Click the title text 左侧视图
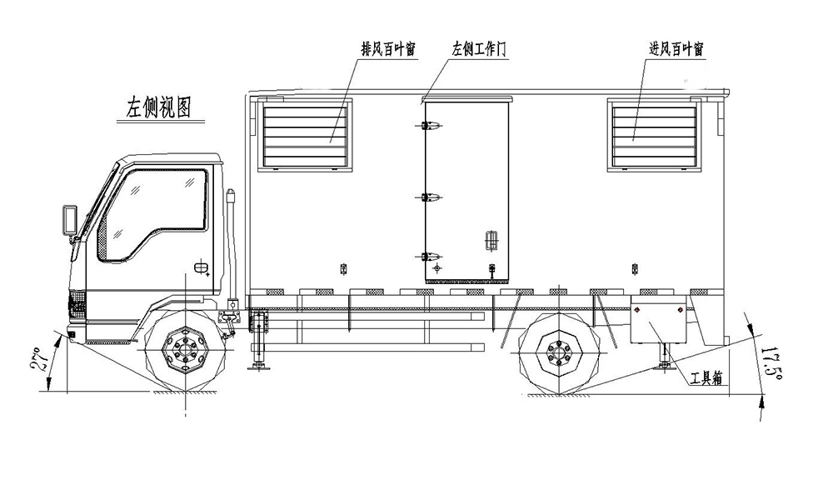point(158,107)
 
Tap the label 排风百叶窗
point(387,49)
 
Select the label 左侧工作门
point(478,49)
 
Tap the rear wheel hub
point(553,357)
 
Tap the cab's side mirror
point(69,219)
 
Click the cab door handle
point(201,268)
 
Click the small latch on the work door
point(491,240)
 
